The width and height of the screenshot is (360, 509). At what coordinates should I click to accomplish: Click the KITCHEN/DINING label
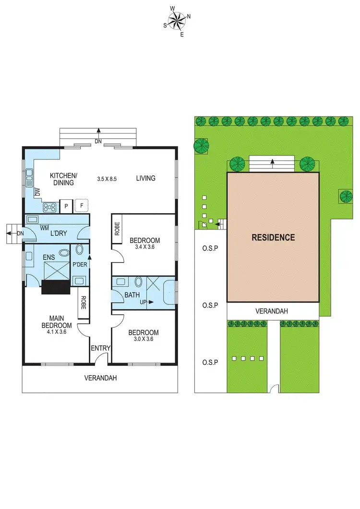click(x=62, y=179)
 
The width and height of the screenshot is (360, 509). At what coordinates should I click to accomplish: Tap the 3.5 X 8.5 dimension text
click(x=107, y=179)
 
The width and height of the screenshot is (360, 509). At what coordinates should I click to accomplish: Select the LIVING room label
click(x=145, y=178)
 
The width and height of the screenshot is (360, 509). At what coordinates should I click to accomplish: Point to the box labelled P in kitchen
click(x=66, y=206)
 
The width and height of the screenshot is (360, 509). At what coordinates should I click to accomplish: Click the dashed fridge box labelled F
click(x=82, y=206)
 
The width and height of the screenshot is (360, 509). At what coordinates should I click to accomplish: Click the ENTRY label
click(x=101, y=348)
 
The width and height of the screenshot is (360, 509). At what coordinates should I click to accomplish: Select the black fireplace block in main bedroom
click(x=56, y=287)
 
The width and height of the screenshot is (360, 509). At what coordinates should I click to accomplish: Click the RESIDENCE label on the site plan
click(x=273, y=237)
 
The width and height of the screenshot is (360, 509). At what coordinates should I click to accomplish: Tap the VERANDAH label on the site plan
click(x=272, y=311)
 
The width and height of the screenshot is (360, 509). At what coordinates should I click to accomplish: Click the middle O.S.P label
click(x=210, y=305)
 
